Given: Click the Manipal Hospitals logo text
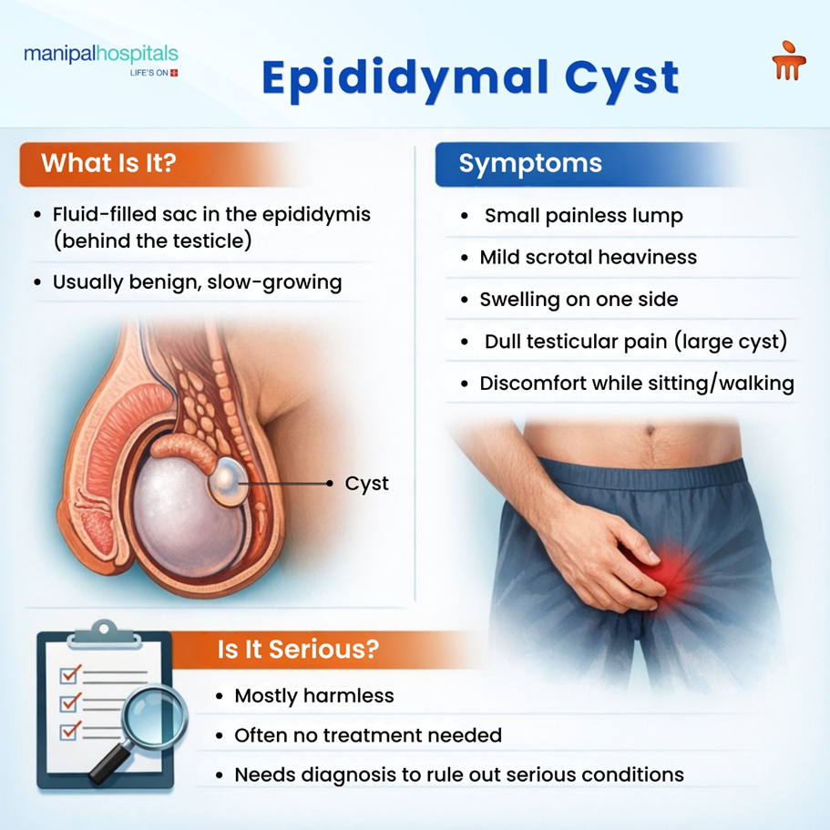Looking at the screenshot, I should click(x=100, y=55).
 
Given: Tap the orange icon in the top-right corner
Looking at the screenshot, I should click(x=788, y=60).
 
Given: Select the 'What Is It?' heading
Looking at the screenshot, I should click(x=108, y=164).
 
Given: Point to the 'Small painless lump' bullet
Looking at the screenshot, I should click(x=583, y=216).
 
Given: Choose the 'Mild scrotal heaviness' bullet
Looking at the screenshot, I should click(x=588, y=258).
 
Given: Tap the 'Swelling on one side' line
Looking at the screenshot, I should click(x=579, y=300).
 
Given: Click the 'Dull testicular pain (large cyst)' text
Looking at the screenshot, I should click(x=635, y=342).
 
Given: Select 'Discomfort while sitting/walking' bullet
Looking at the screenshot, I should click(x=637, y=384).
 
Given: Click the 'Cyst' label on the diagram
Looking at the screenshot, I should click(x=366, y=484).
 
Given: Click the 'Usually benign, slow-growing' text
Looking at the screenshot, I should click(x=197, y=282).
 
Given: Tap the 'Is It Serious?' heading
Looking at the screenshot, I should click(x=298, y=651).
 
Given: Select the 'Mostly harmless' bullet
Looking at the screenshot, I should click(x=313, y=696).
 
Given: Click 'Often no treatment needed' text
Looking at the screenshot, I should click(x=367, y=735).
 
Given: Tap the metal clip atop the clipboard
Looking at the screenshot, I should click(x=107, y=630).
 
